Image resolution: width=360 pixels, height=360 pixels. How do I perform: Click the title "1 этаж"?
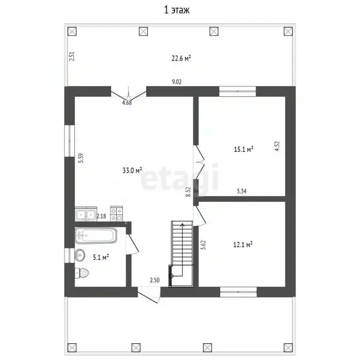177,10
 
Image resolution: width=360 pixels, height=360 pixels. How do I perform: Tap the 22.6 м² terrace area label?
181,58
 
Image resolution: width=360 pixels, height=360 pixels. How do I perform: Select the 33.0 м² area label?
132,170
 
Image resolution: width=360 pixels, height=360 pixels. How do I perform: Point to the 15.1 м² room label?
243,149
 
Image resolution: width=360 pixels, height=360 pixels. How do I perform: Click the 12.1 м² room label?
243,245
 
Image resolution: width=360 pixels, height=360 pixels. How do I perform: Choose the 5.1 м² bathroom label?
101,257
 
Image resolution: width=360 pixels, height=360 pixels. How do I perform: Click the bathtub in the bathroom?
96,235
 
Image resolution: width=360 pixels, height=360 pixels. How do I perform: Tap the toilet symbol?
82,273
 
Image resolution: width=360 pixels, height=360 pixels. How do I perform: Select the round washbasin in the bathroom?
80,255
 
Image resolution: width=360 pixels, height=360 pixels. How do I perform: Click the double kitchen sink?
86,214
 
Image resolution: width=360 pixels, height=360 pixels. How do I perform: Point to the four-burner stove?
116,214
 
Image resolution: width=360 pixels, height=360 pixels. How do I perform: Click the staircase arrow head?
182,225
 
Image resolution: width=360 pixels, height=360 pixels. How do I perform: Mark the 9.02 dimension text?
177,82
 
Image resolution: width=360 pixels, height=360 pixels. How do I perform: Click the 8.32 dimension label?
188,192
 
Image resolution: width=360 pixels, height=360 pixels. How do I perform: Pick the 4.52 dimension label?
277,146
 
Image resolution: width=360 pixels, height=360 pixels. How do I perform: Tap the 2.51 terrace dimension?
72,56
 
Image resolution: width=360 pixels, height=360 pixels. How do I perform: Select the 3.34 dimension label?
242,191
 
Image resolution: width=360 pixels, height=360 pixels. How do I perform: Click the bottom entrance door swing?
149,295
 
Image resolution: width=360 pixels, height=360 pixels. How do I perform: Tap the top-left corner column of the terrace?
72,31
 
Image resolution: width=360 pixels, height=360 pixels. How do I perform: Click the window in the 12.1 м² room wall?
238,292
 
